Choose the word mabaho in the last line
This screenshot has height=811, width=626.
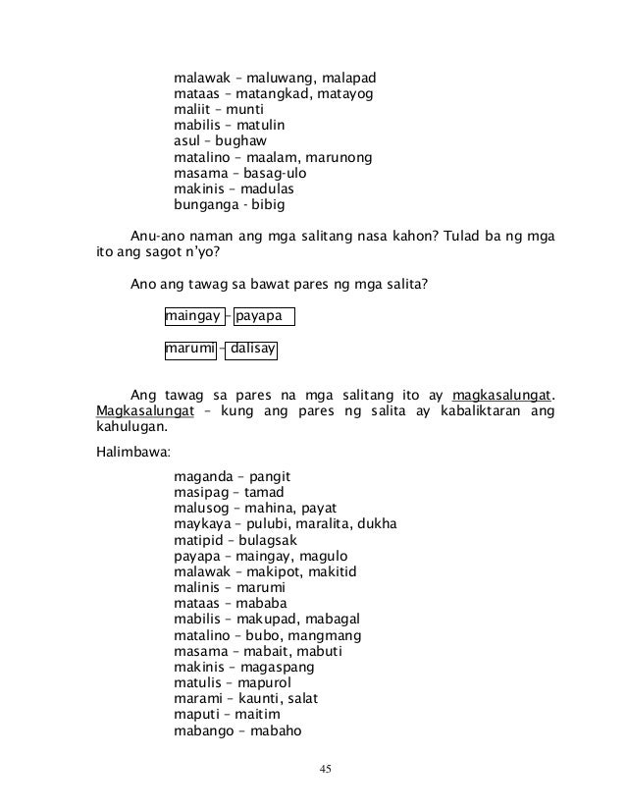coord(275,730)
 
